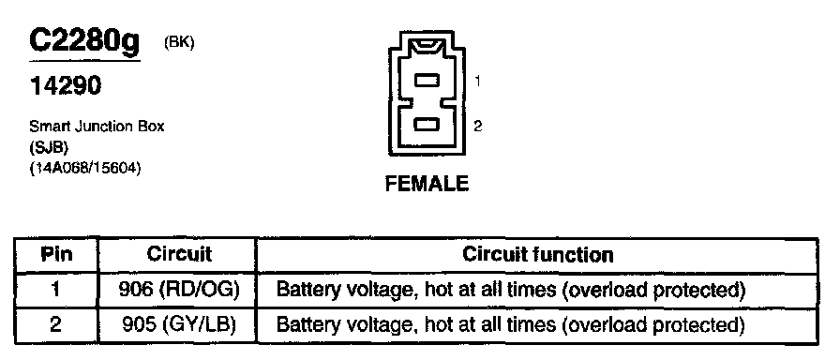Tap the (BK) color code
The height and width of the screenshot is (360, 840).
tap(179, 43)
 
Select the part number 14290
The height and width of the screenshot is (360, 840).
tap(66, 85)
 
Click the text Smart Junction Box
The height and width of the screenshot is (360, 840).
tap(97, 127)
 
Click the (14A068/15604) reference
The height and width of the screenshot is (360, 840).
tap(85, 169)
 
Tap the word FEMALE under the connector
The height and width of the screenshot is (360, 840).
tap(427, 185)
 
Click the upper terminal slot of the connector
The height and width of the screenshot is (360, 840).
tap(427, 81)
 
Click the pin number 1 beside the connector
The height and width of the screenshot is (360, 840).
tap(477, 82)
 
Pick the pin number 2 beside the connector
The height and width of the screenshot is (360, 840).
tap(478, 126)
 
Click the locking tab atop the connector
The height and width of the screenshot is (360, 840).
tap(427, 44)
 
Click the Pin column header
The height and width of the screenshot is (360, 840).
tap(57, 254)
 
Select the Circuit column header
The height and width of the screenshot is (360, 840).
tap(179, 254)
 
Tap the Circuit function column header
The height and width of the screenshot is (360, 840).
tap(537, 254)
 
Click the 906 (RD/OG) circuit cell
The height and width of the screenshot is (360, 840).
tap(178, 290)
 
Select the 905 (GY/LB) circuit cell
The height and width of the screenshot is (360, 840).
tap(178, 325)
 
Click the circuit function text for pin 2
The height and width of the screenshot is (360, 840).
tap(510, 325)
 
